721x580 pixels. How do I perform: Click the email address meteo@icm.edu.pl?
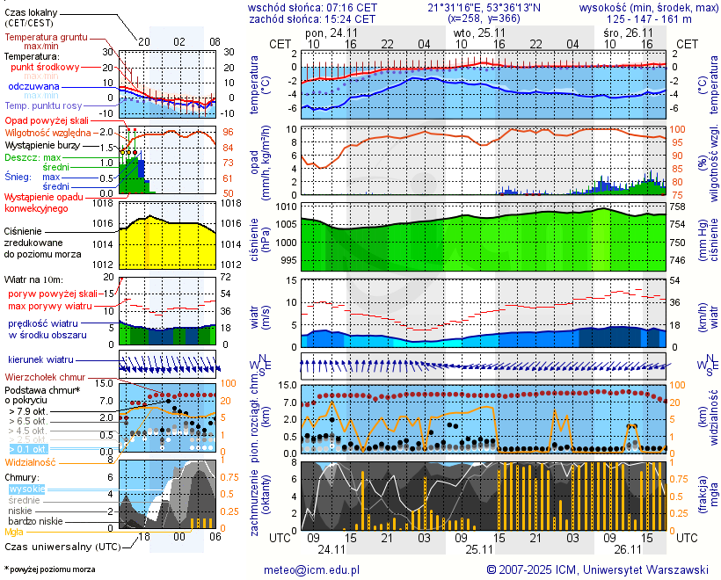click(x=312, y=569)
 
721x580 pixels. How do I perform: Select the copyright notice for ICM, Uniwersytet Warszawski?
click(x=597, y=569)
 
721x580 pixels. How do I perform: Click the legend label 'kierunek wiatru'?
click(x=40, y=360)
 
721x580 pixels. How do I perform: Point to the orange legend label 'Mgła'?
click(x=14, y=532)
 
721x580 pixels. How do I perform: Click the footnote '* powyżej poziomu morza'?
click(x=49, y=569)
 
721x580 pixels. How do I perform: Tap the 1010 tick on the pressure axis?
click(x=288, y=207)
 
